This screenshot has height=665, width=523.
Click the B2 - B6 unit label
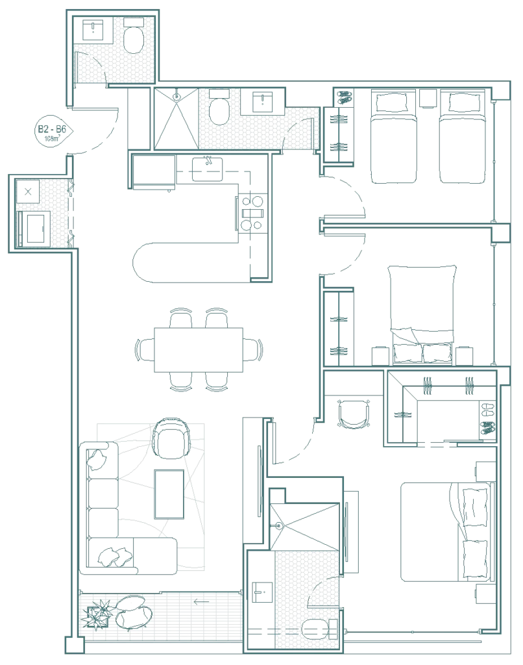[52, 129]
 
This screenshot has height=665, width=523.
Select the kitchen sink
[207, 169]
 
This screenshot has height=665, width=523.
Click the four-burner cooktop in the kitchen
[252, 213]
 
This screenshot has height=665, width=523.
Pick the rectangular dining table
[199, 349]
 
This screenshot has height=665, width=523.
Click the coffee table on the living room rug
[169, 494]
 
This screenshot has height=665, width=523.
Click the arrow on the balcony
[201, 601]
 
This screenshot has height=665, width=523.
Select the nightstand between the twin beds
[428, 98]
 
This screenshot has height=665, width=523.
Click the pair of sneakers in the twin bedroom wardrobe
[344, 97]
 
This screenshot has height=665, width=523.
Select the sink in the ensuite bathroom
[262, 592]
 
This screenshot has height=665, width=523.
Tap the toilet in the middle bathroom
[219, 107]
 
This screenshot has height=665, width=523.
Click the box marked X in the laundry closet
[28, 192]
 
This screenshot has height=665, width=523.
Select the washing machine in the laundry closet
[34, 228]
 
